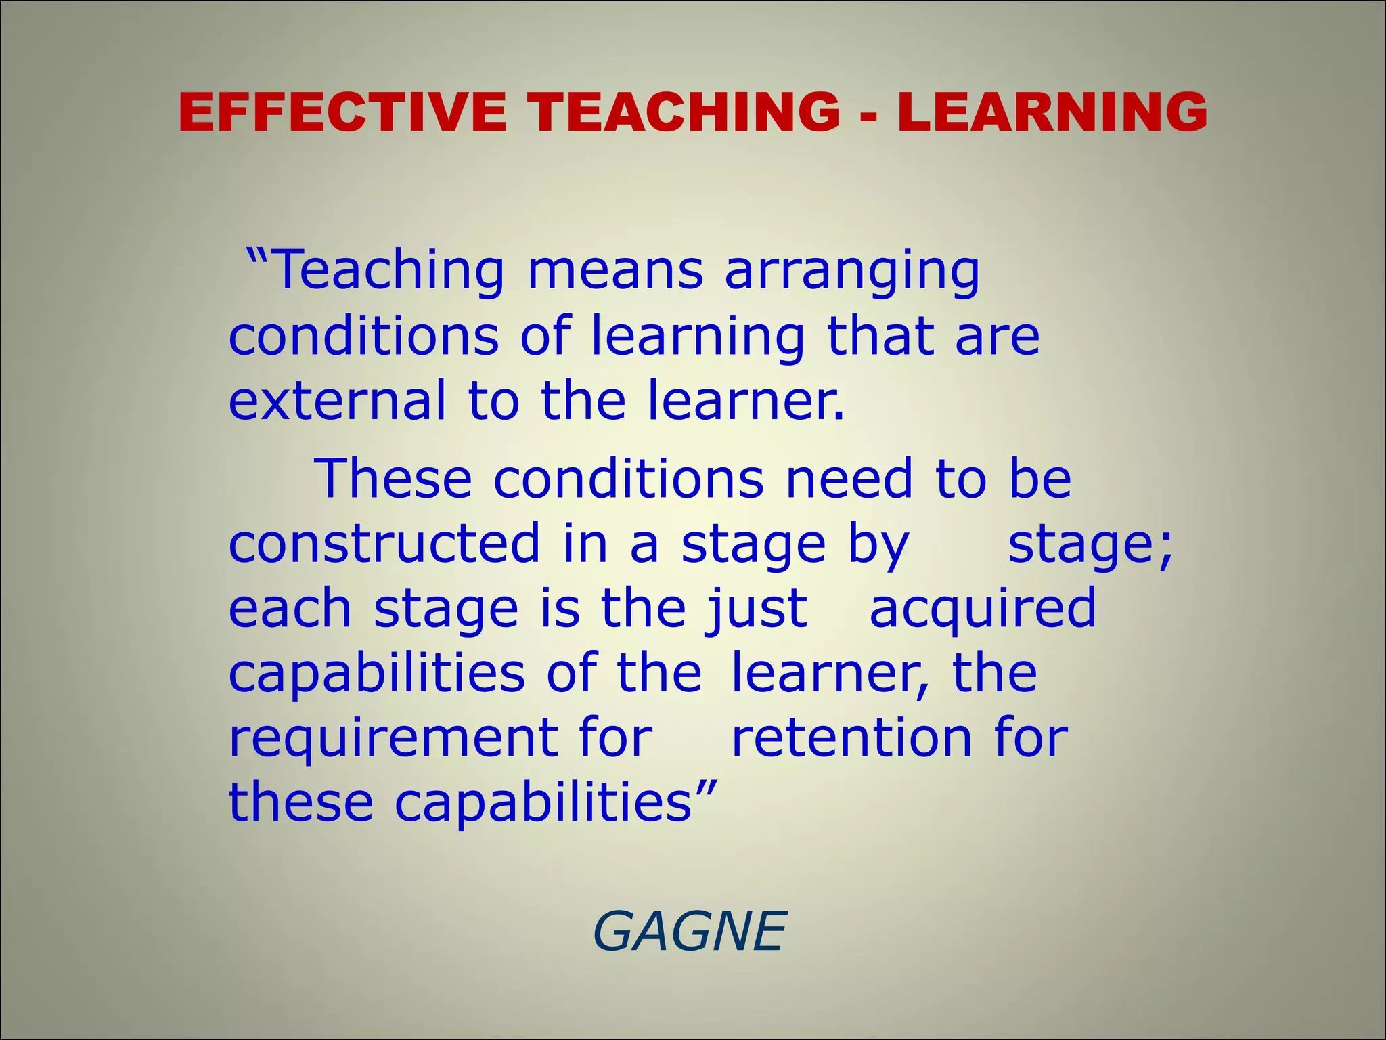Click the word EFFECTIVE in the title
(x=342, y=112)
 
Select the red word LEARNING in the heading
(x=1052, y=112)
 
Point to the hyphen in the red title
(x=869, y=115)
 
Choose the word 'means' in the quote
(x=615, y=271)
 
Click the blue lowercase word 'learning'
(x=698, y=338)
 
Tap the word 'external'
(x=338, y=401)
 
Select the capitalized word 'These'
(x=393, y=479)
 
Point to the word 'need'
(x=849, y=479)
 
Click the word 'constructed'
(x=384, y=544)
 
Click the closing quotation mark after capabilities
(x=706, y=787)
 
